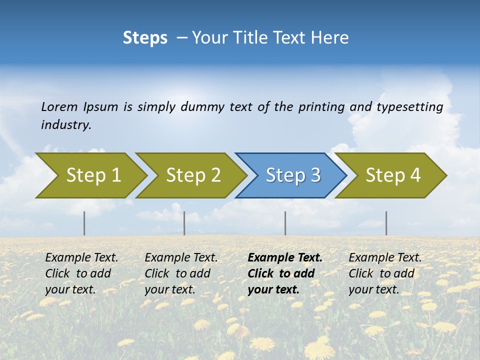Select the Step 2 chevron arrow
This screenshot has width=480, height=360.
tap(192, 175)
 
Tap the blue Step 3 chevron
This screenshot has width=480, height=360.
tap(292, 175)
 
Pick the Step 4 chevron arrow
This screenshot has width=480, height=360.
tap(392, 175)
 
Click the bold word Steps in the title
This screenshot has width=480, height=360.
tap(145, 38)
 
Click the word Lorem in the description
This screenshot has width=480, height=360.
tap(59, 107)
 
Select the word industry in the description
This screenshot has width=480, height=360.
tap(66, 125)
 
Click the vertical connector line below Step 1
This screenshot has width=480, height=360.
tap(84, 223)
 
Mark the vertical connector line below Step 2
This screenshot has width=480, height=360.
tap(184, 223)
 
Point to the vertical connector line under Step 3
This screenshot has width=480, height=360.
tap(285, 223)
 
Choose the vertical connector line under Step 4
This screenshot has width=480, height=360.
tap(386, 223)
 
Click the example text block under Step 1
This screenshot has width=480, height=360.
tap(81, 273)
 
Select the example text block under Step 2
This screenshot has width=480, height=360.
tap(181, 273)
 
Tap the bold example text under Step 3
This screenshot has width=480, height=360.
tap(285, 273)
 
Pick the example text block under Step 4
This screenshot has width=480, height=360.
tap(385, 273)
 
